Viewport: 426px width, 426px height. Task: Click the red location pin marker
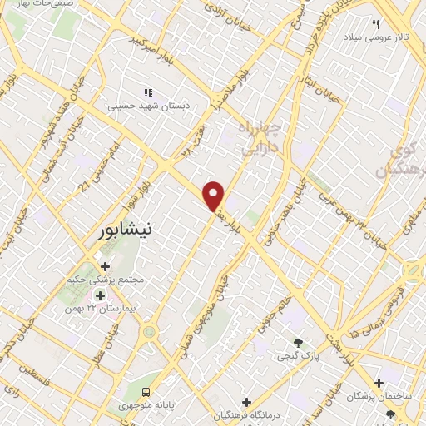214,196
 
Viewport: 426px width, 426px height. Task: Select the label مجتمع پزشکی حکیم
106,280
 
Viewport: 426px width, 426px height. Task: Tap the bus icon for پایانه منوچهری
146,392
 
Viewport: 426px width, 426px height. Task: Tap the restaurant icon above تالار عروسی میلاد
376,25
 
